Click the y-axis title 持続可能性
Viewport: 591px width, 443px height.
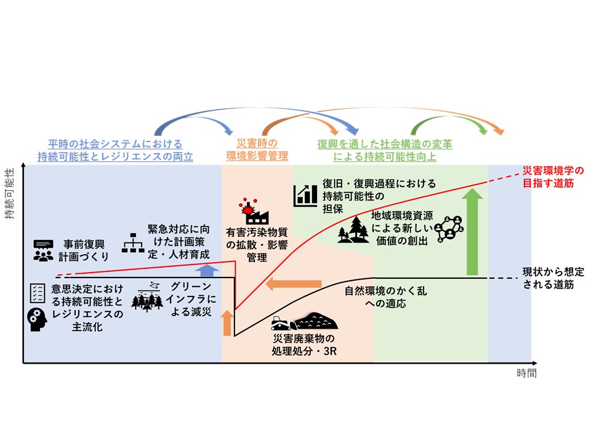pyautogui.click(x=10, y=190)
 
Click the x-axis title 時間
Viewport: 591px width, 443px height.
pyautogui.click(x=526, y=373)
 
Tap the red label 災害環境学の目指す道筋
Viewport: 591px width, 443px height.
pyautogui.click(x=552, y=177)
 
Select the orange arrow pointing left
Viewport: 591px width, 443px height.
pyautogui.click(x=294, y=284)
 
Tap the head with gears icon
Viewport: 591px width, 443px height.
pyautogui.click(x=38, y=318)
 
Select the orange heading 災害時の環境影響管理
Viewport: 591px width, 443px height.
pyautogui.click(x=255, y=150)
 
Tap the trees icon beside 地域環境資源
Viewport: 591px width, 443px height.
pyautogui.click(x=354, y=230)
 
